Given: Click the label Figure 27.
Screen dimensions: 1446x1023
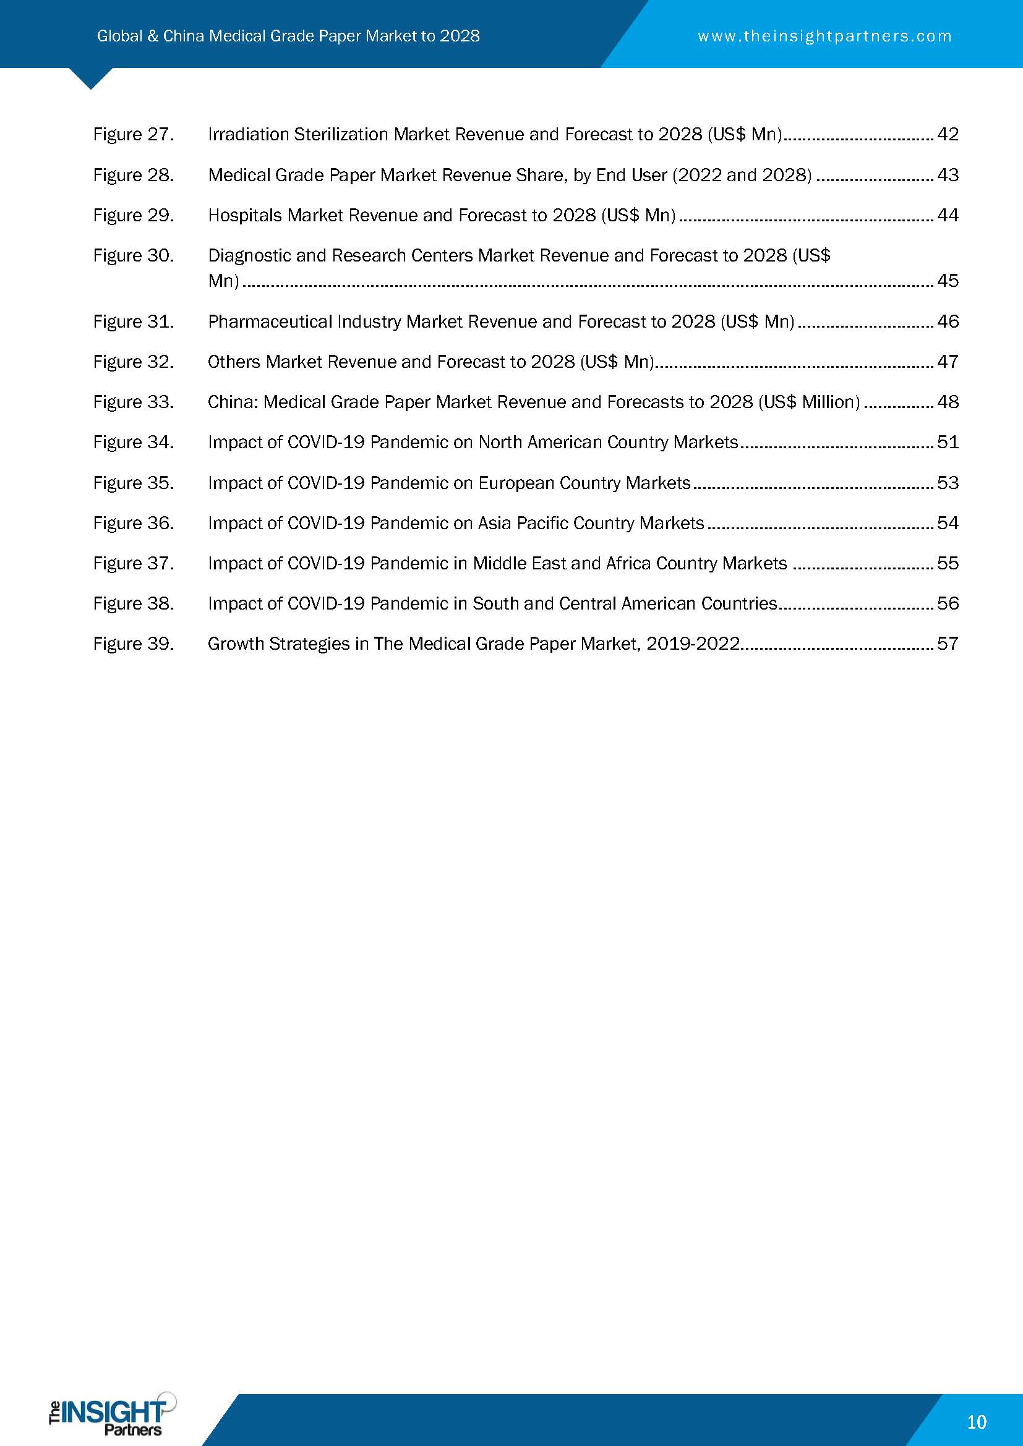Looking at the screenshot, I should [133, 135].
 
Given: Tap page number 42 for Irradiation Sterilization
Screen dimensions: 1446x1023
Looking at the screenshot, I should [948, 135].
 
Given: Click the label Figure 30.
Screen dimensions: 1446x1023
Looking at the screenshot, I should [133, 256].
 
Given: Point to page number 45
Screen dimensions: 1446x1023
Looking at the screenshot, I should [948, 281].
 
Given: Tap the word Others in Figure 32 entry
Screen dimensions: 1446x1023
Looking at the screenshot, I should [234, 362].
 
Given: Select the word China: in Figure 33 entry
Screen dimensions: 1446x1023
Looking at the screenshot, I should [233, 402].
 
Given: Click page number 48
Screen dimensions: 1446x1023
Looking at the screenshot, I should [948, 402].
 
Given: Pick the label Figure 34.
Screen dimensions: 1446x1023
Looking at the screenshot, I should [133, 443].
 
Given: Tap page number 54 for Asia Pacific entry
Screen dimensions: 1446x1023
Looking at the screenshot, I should [948, 524].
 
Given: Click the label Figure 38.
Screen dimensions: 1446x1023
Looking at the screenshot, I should [133, 604].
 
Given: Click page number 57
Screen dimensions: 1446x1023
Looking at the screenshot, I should [948, 644].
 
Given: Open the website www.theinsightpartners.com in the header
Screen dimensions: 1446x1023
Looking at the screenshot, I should [824, 36].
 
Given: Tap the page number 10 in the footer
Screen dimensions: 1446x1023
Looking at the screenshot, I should [976, 1422].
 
